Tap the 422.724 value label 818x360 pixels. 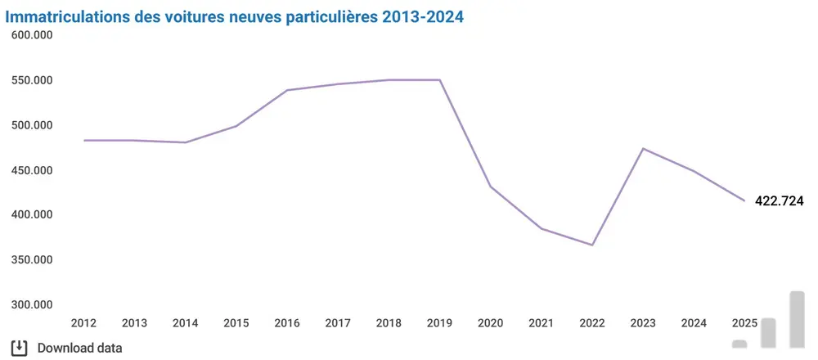pyautogui.click(x=779, y=200)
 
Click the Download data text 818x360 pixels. pyautogui.click(x=80, y=348)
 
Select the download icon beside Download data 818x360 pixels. pyautogui.click(x=20, y=347)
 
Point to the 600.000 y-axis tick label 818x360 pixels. pyautogui.click(x=31, y=35)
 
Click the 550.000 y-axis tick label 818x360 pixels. pyautogui.click(x=31, y=80)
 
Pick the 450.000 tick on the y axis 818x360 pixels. pyautogui.click(x=31, y=170)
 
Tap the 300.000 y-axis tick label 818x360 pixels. pyautogui.click(x=31, y=304)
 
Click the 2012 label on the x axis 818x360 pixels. pyautogui.click(x=84, y=323)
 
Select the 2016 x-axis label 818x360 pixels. pyautogui.click(x=287, y=323)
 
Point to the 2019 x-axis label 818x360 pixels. pyautogui.click(x=439, y=323)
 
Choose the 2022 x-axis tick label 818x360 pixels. pyautogui.click(x=591, y=323)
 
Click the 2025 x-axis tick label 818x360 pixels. pyautogui.click(x=744, y=323)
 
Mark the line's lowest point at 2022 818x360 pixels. pyautogui.click(x=591, y=245)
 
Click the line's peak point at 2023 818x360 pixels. pyautogui.click(x=643, y=148)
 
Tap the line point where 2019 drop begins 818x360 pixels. pyautogui.click(x=440, y=80)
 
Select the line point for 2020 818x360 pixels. pyautogui.click(x=491, y=187)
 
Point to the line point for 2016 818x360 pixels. pyautogui.click(x=287, y=90)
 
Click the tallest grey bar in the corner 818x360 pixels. pyautogui.click(x=797, y=319)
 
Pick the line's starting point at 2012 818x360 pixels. pyautogui.click(x=84, y=140)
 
